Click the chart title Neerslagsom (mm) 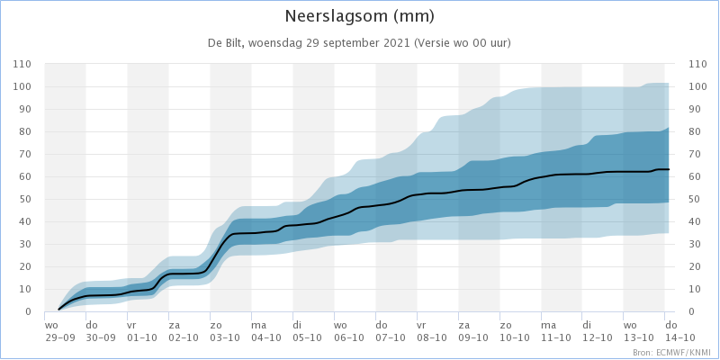359,16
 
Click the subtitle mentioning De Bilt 359,43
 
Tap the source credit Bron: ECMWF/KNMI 674,353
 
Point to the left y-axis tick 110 22,64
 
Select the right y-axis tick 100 697,86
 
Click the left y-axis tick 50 25,199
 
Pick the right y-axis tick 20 695,266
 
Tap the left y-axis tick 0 29,311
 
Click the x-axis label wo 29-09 58,331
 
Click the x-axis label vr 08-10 431,331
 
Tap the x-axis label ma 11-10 554,331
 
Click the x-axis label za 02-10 183,331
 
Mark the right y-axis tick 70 695,154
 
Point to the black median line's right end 669,169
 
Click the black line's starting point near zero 58,310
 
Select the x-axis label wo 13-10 637,331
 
